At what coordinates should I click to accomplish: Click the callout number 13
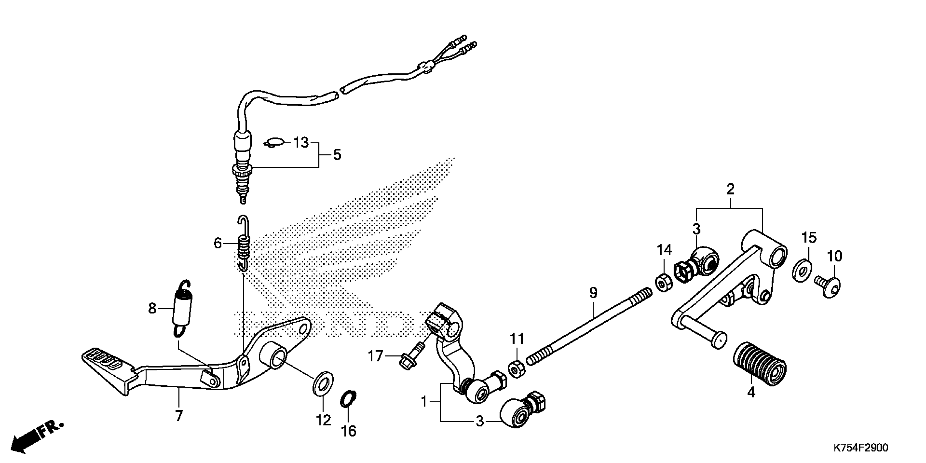(301, 143)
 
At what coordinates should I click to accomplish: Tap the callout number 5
(337, 155)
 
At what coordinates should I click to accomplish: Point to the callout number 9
(593, 293)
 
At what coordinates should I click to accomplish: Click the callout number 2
(730, 189)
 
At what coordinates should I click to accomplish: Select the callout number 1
(424, 401)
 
